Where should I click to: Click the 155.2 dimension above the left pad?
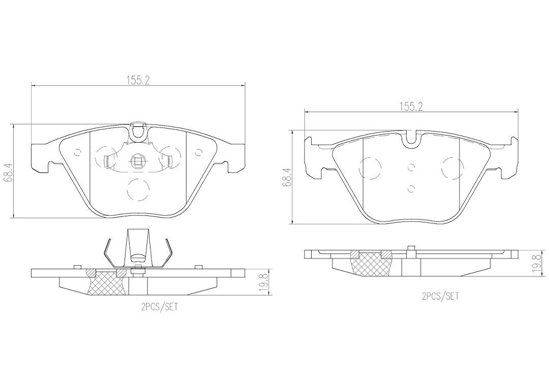[138, 80]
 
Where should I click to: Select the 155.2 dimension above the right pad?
[411, 107]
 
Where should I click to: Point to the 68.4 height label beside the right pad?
[288, 177]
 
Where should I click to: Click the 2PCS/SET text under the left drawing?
[159, 308]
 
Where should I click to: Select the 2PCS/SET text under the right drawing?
[440, 297]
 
